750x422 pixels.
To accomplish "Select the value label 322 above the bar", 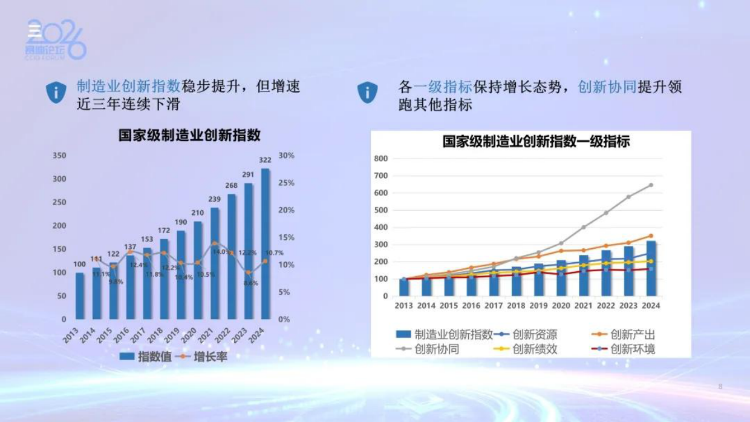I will (265, 160).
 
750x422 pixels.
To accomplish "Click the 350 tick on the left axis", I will (59, 156).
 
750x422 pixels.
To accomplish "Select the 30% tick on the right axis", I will (286, 156).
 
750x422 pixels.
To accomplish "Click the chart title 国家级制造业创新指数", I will (189, 135).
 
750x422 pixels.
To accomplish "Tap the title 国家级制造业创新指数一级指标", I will (536, 142).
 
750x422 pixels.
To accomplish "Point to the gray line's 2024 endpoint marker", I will (651, 185).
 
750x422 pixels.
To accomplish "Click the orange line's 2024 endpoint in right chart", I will (651, 236).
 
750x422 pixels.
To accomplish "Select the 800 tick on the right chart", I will (381, 159).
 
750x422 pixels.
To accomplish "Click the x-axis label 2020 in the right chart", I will (561, 306).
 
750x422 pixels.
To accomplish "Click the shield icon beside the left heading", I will (56, 93).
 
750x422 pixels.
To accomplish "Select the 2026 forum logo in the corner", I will (56, 40).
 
